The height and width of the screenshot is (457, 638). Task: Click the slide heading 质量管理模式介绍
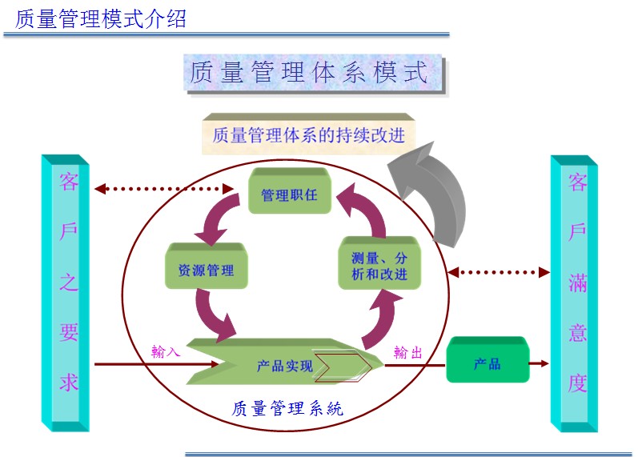pyautogui.click(x=100, y=18)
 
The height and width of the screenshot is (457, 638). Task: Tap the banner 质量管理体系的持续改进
pyautogui.click(x=308, y=134)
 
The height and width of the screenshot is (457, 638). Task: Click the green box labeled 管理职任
pyautogui.click(x=289, y=194)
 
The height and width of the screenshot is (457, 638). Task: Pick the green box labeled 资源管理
pyautogui.click(x=206, y=270)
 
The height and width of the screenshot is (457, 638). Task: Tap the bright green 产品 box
pyautogui.click(x=487, y=363)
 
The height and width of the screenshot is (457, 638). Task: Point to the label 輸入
pyautogui.click(x=167, y=351)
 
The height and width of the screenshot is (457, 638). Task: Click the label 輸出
pyautogui.click(x=408, y=351)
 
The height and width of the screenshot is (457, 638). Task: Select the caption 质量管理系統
pyautogui.click(x=287, y=408)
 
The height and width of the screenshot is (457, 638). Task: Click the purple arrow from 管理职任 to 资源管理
pyautogui.click(x=215, y=218)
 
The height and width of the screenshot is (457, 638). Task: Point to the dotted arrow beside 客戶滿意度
pyautogui.click(x=498, y=272)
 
